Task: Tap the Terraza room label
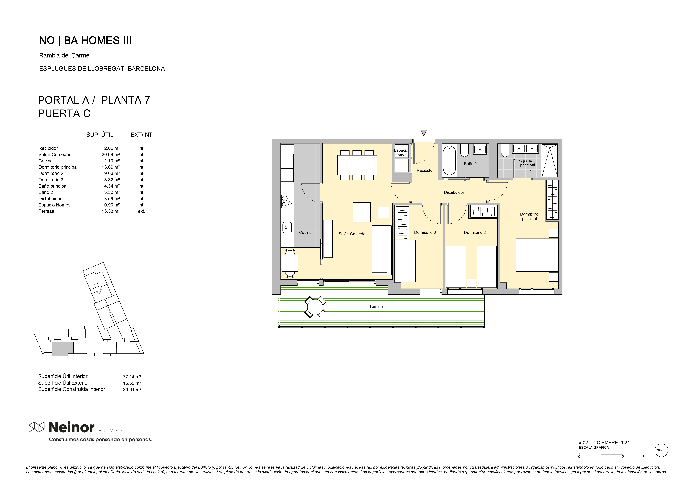[376, 307]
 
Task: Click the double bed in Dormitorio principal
[537, 255]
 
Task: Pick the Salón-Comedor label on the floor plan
[352, 234]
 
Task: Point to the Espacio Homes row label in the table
[54, 205]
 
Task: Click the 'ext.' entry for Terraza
[141, 211]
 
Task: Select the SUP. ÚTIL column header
[100, 135]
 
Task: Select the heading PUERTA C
[64, 113]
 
